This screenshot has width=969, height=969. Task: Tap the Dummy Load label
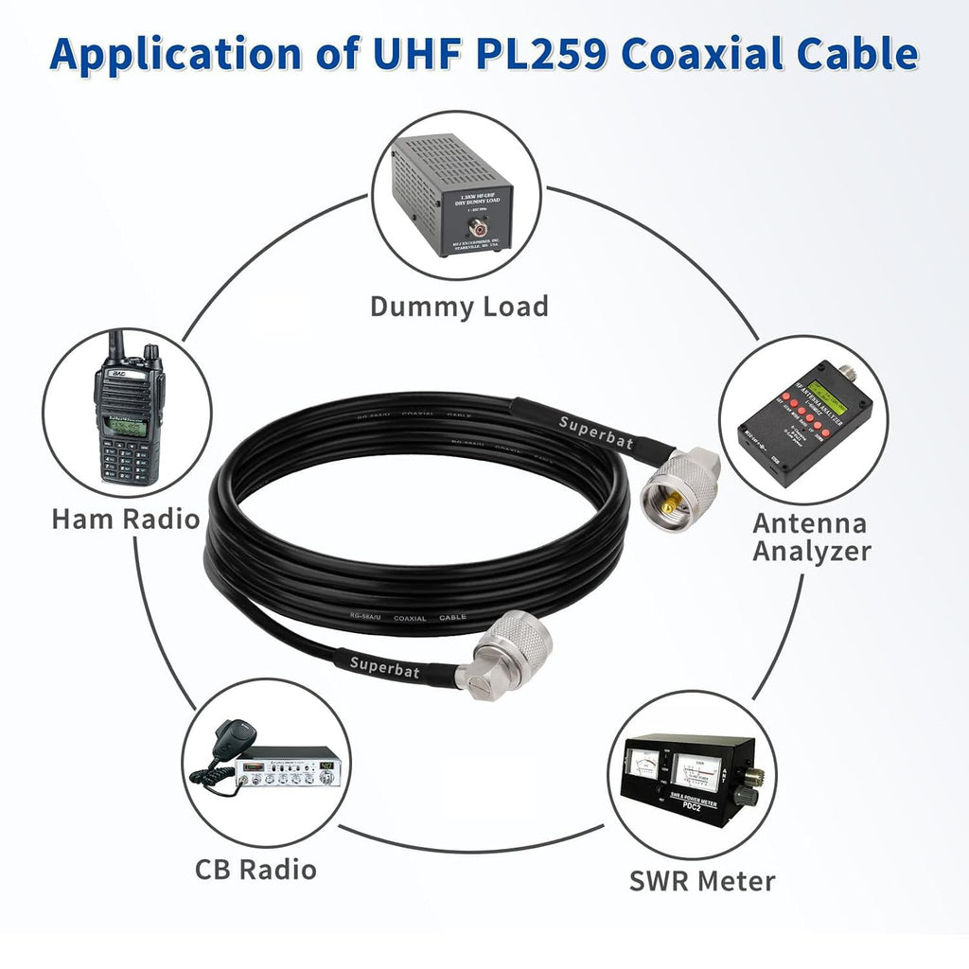(x=459, y=307)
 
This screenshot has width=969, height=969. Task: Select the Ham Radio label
(x=125, y=519)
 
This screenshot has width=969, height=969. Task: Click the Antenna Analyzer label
(x=811, y=537)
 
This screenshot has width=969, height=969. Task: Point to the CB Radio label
(x=255, y=869)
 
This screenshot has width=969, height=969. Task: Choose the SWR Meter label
(x=702, y=881)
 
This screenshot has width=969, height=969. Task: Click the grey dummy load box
(x=450, y=194)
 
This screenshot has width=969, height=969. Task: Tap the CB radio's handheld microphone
(x=229, y=737)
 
